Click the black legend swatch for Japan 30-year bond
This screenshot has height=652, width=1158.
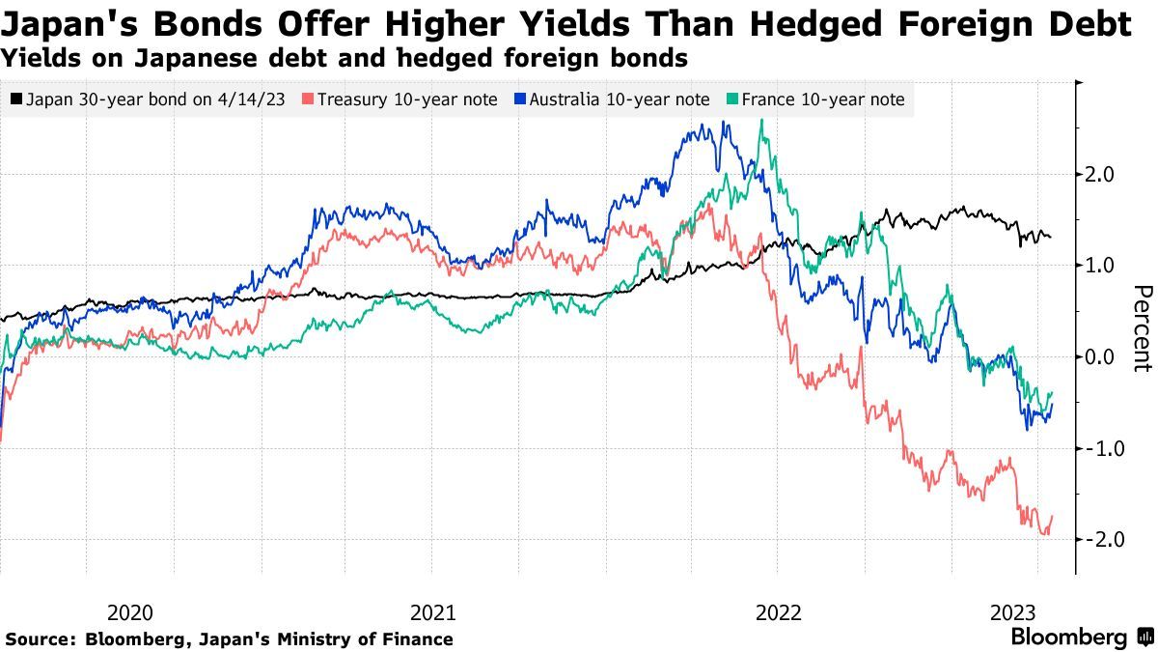point(16,99)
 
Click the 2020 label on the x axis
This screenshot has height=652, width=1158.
point(129,612)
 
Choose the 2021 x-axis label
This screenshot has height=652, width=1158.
point(433,612)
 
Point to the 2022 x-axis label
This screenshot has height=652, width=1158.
point(778,612)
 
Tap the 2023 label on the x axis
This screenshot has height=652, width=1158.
point(1013,612)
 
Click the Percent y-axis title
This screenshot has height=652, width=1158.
point(1143,328)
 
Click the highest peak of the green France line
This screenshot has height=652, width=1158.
point(762,120)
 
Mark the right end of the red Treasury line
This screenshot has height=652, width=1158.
point(1052,516)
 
